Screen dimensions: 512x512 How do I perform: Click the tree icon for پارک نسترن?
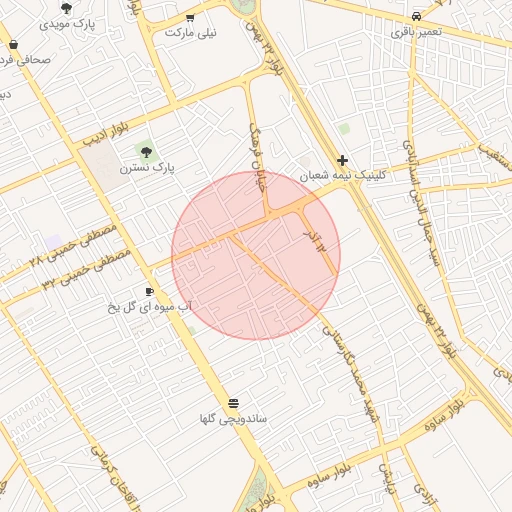[x=147, y=152]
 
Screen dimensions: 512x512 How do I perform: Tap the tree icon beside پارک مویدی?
[x=67, y=7]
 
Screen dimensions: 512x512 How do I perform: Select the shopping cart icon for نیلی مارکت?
[x=190, y=18]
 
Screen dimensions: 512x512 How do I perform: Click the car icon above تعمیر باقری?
[x=416, y=17]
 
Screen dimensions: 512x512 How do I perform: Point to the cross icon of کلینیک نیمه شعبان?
[x=343, y=160]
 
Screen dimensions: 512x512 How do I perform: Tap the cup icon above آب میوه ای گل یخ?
[x=149, y=291]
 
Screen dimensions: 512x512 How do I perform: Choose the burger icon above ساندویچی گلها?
[x=233, y=402]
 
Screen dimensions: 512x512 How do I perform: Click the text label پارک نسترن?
[x=147, y=169]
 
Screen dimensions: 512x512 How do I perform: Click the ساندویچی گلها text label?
[x=233, y=418]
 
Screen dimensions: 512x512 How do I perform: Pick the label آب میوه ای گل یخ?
[x=149, y=306]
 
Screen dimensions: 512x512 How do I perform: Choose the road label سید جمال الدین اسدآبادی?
[x=421, y=201]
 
